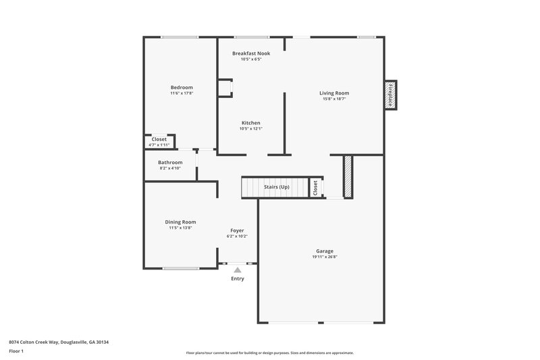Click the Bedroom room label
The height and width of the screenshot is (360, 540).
[x=182, y=87]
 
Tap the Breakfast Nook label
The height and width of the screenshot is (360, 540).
[x=251, y=53]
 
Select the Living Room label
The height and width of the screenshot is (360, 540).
[x=334, y=93]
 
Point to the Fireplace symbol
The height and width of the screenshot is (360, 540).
[x=390, y=95]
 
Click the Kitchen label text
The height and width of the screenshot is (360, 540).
[x=251, y=123]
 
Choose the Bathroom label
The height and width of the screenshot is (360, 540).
[x=170, y=162]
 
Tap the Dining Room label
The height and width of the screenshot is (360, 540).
[x=181, y=222]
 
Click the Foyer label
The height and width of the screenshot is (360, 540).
[x=237, y=230]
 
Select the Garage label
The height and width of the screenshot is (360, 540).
[x=325, y=251]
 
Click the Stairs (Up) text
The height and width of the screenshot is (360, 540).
[x=277, y=186]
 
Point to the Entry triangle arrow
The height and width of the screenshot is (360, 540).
[x=237, y=269]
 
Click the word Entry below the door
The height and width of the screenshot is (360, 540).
[x=238, y=278]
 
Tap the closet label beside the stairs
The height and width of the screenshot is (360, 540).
[x=315, y=188]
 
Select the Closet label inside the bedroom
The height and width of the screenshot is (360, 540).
[x=159, y=139]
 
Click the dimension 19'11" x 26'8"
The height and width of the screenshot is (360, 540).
[x=325, y=257]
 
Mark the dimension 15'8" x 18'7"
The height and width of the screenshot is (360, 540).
[x=334, y=99]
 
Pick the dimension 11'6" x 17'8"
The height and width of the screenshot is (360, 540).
[x=182, y=93]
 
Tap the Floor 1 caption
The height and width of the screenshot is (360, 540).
[x=16, y=352]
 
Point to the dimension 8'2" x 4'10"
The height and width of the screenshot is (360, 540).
[x=170, y=168]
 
